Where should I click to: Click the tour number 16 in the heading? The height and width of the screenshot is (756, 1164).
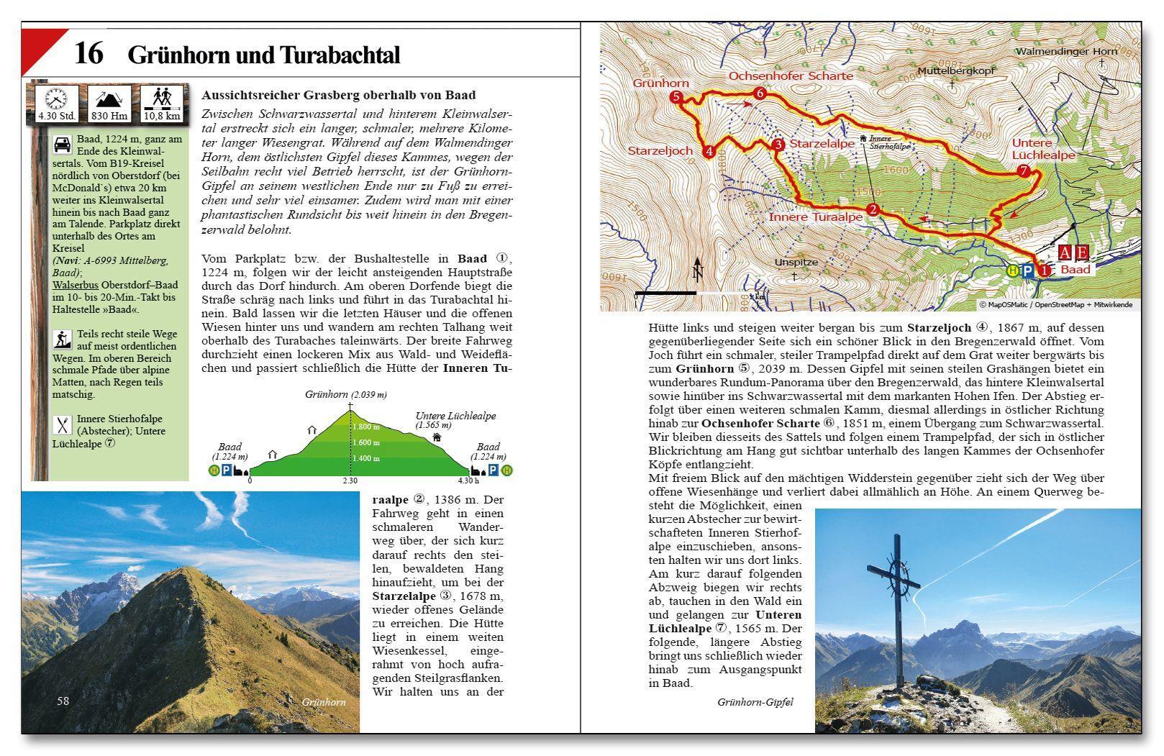pos(89,54)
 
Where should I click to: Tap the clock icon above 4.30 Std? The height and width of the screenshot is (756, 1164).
pos(56,97)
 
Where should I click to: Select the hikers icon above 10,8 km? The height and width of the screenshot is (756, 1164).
pos(161,97)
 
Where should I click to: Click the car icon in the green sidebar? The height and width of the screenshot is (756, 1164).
pos(62,145)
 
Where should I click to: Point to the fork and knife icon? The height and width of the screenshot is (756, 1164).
pos(62,425)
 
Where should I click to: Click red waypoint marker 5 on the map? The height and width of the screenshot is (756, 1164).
pos(676,97)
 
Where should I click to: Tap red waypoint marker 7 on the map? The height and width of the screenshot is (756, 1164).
pos(1024,171)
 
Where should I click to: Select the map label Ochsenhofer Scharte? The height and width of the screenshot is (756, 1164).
pos(791,76)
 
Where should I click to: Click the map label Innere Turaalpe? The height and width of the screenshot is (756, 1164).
pos(815,217)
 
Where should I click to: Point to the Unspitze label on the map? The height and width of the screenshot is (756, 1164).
pos(796,263)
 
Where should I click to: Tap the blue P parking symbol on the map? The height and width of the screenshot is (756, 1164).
pos(1027,270)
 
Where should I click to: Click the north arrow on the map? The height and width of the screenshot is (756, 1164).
pos(696,270)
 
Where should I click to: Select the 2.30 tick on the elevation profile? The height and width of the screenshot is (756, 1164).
pos(350,481)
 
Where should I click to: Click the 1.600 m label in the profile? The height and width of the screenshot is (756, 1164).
pos(365,442)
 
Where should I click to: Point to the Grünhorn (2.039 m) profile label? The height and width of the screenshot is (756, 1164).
pos(345,394)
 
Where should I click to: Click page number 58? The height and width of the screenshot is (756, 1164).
pos(63,701)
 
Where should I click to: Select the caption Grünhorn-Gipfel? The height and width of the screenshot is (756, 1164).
pos(755,702)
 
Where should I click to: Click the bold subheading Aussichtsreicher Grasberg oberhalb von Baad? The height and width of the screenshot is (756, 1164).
pos(339,95)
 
